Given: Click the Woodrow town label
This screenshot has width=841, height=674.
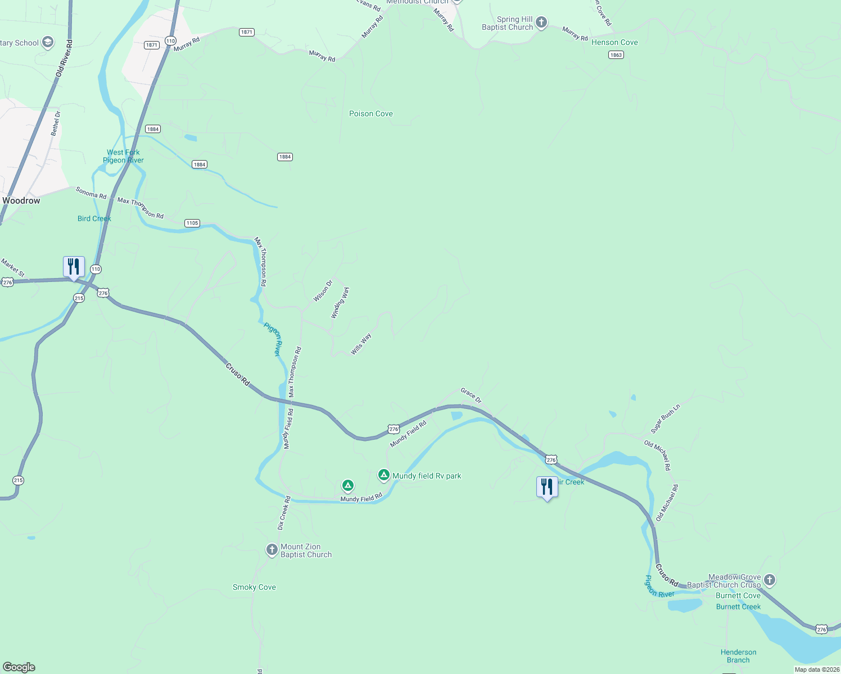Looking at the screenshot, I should [21, 201].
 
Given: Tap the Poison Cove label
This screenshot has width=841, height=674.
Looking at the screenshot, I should [371, 113].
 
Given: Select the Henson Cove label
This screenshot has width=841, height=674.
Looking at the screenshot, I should [614, 42].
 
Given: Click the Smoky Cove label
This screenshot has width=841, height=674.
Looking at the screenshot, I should [254, 587].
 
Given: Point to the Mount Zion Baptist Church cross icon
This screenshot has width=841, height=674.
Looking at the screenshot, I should [272, 550].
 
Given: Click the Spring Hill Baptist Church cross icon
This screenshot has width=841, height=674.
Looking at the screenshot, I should [541, 22].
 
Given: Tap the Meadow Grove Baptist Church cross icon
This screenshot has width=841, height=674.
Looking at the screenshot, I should [770, 580].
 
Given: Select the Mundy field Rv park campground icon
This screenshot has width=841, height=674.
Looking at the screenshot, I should [384, 475].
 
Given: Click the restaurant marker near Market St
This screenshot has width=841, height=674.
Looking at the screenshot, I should [74, 267].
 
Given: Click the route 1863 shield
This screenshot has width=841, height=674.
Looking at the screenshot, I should [616, 55].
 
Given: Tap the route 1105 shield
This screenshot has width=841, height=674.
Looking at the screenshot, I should [192, 223].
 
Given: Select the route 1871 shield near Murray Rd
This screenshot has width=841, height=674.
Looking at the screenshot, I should [247, 32].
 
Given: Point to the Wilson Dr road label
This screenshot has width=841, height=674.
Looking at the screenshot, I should [323, 291].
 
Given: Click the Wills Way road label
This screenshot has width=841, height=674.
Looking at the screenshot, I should [361, 344].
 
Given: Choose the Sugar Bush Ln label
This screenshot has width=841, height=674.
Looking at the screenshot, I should [666, 418].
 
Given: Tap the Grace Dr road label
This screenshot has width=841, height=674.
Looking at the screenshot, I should [471, 395].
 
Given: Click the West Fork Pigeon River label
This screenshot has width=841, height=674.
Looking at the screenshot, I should [123, 156].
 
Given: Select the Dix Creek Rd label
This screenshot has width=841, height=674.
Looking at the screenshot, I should [284, 513].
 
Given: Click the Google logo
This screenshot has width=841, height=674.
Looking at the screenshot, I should [19, 667].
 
